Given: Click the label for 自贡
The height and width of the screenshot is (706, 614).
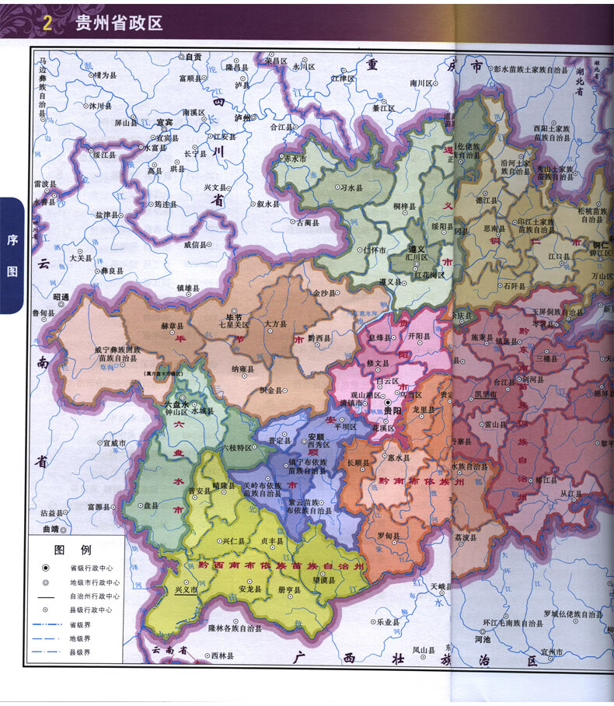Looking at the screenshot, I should coord(193,57).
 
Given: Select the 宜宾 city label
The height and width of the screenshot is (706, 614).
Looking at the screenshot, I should coord(163,122).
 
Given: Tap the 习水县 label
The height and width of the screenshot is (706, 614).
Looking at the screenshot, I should coord(354,187).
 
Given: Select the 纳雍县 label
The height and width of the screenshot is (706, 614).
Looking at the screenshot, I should coord(241,370).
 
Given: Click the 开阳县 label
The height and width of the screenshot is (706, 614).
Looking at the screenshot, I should coord(417,337).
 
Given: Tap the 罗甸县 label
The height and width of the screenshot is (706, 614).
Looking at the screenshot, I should coord(389,536).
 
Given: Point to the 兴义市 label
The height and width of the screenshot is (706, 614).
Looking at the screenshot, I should coord(187,590).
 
